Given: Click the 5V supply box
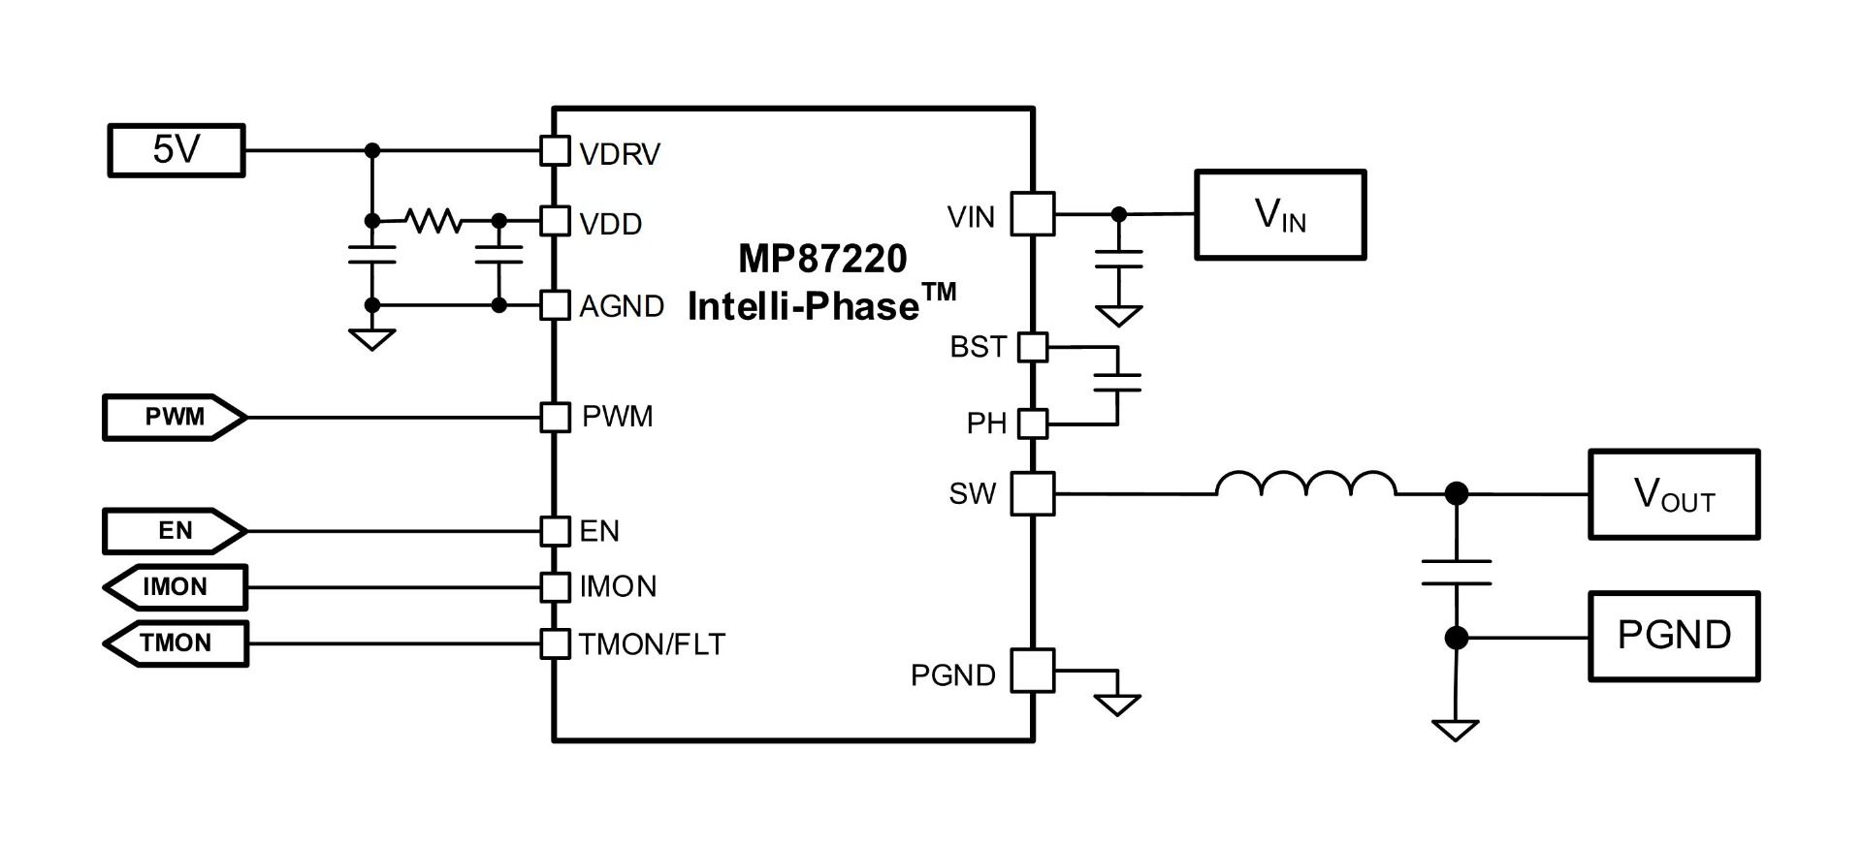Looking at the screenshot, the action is point(176,150).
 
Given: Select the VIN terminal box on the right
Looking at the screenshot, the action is point(1280,215).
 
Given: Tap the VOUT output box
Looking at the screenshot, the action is point(1674,494).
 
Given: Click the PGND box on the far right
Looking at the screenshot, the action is point(1674,637).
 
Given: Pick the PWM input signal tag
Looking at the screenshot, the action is point(175,418).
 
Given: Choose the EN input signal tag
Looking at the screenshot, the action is point(175,531).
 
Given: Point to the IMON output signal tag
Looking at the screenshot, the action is point(175,587).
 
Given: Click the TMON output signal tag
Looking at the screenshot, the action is point(175,643).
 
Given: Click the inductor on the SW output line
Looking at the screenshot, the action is point(1306,484).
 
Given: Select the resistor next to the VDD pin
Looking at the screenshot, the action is point(433,221).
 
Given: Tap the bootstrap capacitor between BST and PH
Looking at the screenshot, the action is point(1117,383).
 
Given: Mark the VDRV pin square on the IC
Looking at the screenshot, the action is point(555,151).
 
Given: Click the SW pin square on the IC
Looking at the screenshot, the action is point(1033,494).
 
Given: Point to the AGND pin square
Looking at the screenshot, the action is point(555,305).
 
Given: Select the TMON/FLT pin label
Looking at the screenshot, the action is point(652,644).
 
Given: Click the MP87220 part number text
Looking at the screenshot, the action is point(822,259).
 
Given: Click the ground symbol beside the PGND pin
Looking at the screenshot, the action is point(1117,705).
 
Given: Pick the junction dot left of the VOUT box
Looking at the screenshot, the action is point(1456,494).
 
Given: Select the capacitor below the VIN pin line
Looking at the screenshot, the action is point(1118,259).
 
